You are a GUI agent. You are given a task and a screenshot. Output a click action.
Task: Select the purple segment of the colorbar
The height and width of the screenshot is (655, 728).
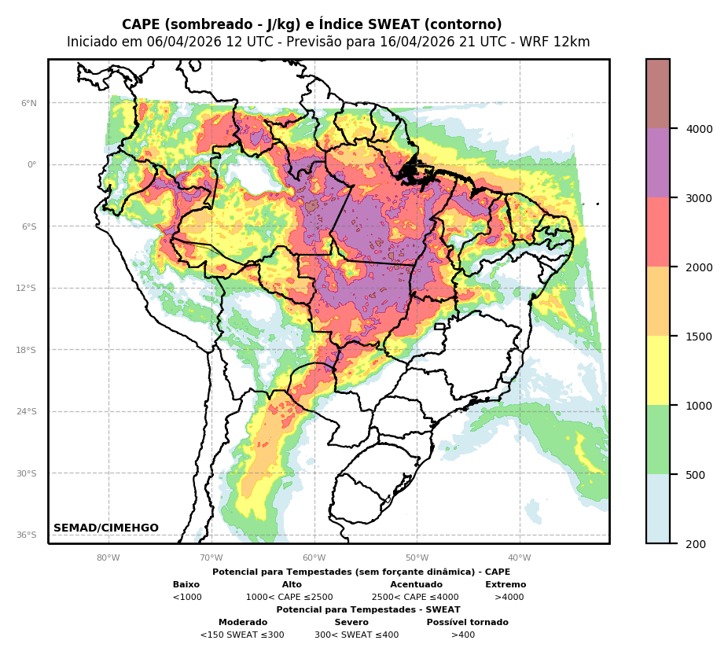point(658,163)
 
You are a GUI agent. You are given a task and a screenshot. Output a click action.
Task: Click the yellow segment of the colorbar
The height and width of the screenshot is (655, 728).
point(658,370)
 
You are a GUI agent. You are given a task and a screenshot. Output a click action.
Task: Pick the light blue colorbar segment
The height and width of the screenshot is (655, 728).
point(658,509)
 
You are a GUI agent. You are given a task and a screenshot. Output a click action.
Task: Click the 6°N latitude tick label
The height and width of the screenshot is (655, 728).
point(28,103)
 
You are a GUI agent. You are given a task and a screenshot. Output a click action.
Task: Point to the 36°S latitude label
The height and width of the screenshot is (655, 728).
point(27,535)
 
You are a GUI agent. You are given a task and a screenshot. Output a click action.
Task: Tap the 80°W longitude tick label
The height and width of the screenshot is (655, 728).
point(108,558)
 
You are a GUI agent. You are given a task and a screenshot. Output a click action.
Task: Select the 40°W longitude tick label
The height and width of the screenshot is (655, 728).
point(520,558)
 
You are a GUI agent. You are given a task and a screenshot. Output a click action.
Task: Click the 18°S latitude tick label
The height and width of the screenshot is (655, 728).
point(27,350)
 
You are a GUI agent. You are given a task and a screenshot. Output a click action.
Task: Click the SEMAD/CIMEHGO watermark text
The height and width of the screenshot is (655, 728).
point(106,528)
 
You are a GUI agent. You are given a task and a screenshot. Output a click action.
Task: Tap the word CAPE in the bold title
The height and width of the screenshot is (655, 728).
point(139,25)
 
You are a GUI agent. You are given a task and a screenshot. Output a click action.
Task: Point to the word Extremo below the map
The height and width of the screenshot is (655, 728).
point(506,585)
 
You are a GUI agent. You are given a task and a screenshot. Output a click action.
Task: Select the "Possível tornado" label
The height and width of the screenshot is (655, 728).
point(467,623)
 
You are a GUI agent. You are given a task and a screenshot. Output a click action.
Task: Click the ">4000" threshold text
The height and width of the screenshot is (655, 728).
point(509,598)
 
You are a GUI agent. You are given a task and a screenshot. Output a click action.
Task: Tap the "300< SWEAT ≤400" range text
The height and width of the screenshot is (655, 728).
point(356,635)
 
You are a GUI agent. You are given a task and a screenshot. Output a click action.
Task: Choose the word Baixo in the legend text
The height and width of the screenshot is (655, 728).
point(186,585)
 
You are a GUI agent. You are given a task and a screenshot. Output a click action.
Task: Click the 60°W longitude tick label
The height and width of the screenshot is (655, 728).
point(314,558)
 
